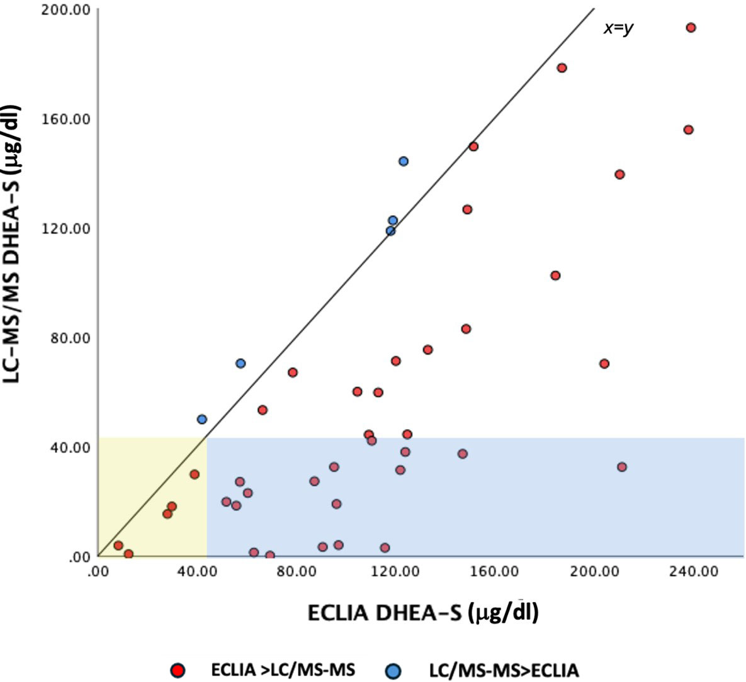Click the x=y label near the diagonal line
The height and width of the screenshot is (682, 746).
click(x=618, y=28)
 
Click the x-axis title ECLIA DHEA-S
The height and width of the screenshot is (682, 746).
click(x=422, y=613)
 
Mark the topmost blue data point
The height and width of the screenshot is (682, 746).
click(x=404, y=161)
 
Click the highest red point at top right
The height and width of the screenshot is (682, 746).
click(x=691, y=28)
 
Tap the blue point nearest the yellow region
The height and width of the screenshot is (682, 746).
click(x=201, y=419)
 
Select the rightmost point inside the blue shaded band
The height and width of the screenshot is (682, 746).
click(x=622, y=467)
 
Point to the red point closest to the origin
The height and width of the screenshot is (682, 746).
click(x=118, y=545)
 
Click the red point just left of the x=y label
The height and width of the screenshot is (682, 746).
click(x=562, y=68)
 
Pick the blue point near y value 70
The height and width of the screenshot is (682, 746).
click(x=240, y=364)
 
